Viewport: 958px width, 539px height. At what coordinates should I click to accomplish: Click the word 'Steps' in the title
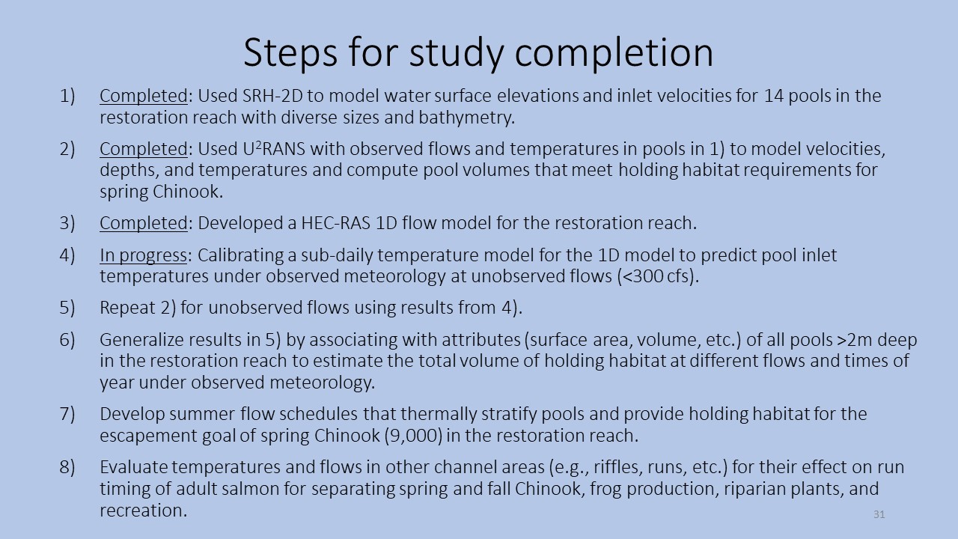tap(290, 53)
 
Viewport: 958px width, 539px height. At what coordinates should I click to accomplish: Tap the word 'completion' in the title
tap(614, 53)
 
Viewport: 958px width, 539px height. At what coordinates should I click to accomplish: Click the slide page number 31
tap(879, 514)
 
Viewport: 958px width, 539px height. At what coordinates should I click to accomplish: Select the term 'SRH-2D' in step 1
tap(272, 96)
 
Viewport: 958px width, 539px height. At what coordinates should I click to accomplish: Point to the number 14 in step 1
tap(774, 96)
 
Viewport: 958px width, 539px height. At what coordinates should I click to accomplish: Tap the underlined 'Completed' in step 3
tap(144, 223)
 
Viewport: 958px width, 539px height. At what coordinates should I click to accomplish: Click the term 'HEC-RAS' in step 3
tap(336, 223)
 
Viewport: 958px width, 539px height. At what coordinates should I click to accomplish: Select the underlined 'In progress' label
tap(143, 256)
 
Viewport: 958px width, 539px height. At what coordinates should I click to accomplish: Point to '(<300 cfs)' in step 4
tap(657, 276)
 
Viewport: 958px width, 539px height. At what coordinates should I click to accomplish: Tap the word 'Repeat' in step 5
tap(127, 308)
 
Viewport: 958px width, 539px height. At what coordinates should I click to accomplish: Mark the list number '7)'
tap(67, 414)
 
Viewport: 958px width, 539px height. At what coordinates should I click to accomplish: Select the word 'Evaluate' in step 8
tap(133, 467)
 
